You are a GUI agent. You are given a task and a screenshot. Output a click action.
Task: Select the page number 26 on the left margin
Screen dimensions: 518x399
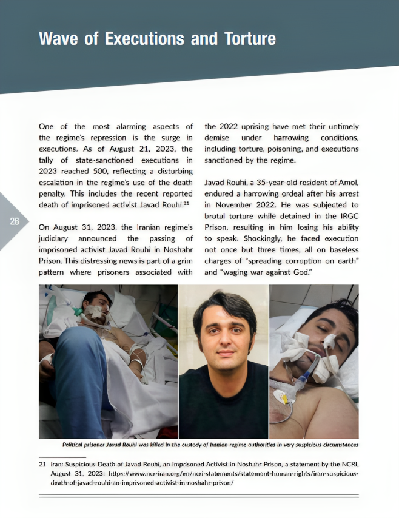tap(15, 221)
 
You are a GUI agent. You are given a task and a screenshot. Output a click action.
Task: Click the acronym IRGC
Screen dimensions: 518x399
tap(347, 216)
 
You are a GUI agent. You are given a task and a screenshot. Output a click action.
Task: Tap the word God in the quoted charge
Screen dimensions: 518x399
tap(301, 272)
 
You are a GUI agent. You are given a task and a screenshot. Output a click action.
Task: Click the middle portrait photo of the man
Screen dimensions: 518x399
tap(223, 361)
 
